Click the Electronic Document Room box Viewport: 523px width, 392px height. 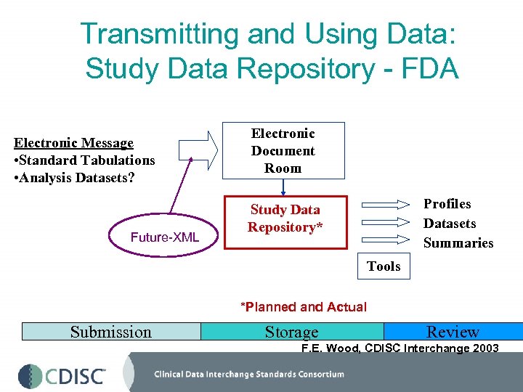click(x=283, y=150)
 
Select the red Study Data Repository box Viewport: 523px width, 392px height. click(x=285, y=221)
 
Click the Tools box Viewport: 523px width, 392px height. click(x=384, y=266)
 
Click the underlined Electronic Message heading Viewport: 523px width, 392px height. click(x=74, y=143)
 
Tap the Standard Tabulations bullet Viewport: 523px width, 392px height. click(x=84, y=160)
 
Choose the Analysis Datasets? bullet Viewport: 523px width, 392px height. click(x=74, y=177)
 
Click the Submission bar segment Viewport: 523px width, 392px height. click(x=111, y=332)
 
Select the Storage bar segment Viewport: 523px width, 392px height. click(x=291, y=332)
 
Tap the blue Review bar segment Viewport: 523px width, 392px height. click(x=453, y=332)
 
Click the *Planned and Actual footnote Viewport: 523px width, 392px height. click(x=304, y=307)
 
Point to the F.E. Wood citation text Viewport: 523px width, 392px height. click(x=400, y=348)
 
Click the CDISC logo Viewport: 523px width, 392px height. click(x=62, y=376)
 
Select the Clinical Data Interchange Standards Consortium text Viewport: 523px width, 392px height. click(x=249, y=375)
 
